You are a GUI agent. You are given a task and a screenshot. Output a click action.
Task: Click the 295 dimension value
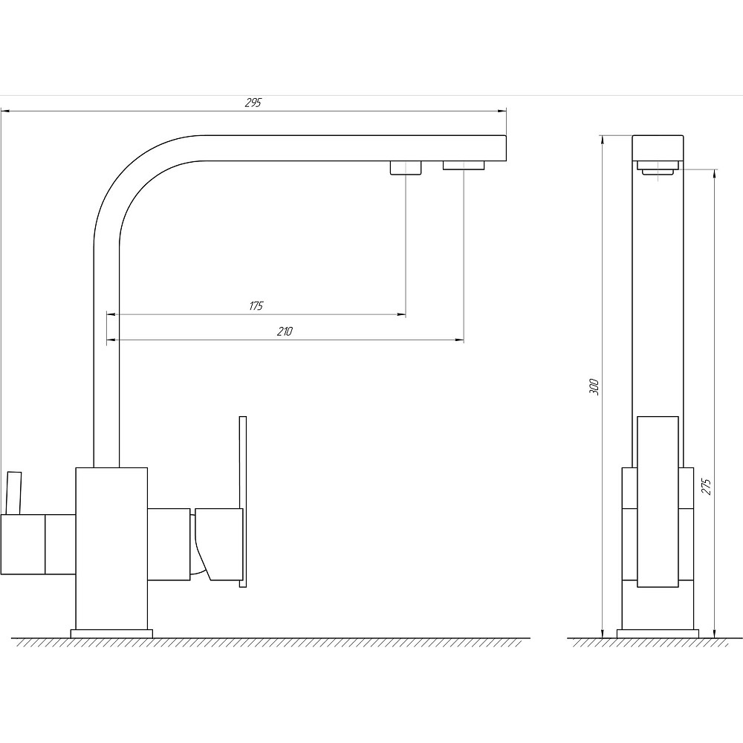pyautogui.click(x=253, y=103)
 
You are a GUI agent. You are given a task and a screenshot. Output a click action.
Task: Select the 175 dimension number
pyautogui.click(x=256, y=305)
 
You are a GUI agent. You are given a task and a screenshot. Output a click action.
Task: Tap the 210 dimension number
pyautogui.click(x=285, y=331)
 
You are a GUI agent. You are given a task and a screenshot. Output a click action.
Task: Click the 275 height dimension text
pyautogui.click(x=707, y=487)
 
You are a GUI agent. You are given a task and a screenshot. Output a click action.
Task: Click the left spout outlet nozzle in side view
pyautogui.click(x=406, y=168)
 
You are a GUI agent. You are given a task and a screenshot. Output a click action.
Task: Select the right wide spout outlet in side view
pyautogui.click(x=464, y=166)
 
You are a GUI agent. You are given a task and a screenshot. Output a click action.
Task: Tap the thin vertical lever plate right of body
pyautogui.click(x=243, y=502)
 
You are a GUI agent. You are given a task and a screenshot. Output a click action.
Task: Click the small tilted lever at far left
pyautogui.click(x=13, y=493)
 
